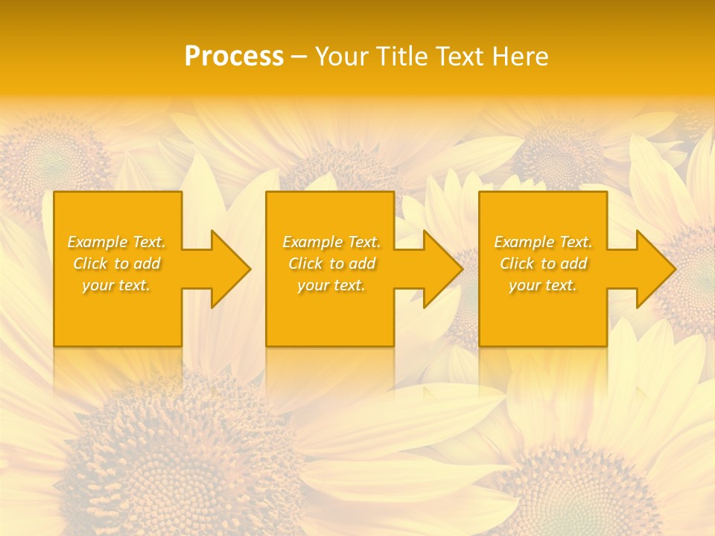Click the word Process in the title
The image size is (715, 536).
click(x=234, y=57)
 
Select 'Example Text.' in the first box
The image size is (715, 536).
click(x=117, y=242)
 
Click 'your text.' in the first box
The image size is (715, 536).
click(x=117, y=285)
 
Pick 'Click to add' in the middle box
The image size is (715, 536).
click(x=331, y=264)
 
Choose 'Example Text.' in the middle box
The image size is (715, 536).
click(x=331, y=242)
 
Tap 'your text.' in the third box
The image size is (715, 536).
click(x=543, y=285)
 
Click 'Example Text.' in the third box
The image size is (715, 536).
click(x=543, y=242)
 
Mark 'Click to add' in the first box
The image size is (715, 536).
click(x=117, y=264)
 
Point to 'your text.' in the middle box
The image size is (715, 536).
click(x=331, y=285)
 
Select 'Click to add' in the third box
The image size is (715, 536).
click(x=543, y=264)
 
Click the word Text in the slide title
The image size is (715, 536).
click(x=460, y=57)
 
